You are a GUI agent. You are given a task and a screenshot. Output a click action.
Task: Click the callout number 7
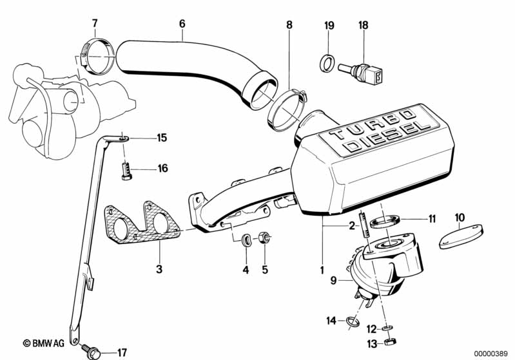[x=95, y=23]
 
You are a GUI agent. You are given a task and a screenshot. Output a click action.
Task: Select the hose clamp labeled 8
[x=286, y=109]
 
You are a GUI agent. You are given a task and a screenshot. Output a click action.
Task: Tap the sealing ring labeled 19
[x=327, y=63]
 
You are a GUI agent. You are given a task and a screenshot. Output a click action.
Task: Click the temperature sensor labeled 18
[x=361, y=72]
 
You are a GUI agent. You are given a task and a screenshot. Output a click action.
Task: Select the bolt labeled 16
[x=126, y=171]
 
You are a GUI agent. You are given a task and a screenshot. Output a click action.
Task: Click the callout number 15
[x=162, y=138]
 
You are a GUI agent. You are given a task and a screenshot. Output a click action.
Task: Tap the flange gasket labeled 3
[x=142, y=223]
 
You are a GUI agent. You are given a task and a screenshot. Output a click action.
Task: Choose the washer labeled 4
[x=246, y=240]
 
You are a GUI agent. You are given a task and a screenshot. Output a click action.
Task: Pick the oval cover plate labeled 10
[x=461, y=236]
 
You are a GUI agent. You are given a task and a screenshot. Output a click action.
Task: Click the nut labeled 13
[x=390, y=341]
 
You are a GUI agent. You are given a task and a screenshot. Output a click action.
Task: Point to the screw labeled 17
[x=91, y=350]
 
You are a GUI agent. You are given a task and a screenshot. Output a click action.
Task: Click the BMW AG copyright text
[x=44, y=343]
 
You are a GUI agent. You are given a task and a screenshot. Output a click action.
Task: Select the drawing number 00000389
[x=491, y=354]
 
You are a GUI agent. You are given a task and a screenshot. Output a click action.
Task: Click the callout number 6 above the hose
[x=182, y=24]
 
